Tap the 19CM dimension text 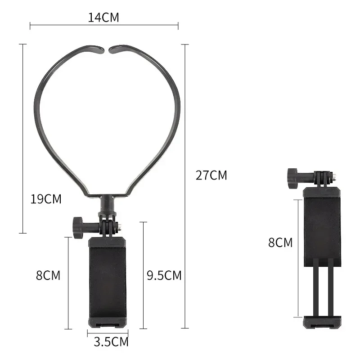(x=46, y=199)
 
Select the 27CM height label (x=211, y=175)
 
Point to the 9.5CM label (x=164, y=275)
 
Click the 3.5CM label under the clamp (x=111, y=342)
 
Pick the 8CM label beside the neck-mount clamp (x=48, y=275)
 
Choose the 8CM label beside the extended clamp (x=280, y=243)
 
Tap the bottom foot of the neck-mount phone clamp (x=108, y=322)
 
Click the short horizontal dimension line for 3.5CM (x=108, y=333)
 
